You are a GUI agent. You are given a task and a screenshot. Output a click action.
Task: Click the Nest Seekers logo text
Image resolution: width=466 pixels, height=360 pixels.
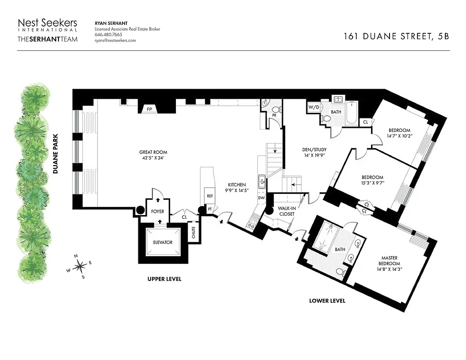point(47,23)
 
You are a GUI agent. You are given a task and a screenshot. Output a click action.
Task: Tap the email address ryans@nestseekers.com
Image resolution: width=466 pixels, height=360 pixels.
point(115,40)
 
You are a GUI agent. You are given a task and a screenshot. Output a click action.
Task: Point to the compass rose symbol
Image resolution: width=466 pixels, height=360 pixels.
point(79,267)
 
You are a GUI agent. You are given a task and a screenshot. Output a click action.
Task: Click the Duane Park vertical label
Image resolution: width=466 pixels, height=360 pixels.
point(56,158)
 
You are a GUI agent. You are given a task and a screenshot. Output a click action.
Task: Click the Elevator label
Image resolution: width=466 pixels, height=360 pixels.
point(162,243)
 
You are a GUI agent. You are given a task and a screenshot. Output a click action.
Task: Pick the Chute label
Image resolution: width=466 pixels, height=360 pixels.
point(193,233)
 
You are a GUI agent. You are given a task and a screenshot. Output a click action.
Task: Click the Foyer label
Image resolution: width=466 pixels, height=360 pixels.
point(157,211)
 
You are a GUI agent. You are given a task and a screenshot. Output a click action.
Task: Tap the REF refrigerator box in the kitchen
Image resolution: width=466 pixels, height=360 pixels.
point(210,196)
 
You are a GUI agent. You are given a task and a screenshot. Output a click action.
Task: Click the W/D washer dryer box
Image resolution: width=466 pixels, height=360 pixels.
point(313,108)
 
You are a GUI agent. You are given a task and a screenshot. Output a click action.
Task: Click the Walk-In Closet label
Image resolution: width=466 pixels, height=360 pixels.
point(286,211)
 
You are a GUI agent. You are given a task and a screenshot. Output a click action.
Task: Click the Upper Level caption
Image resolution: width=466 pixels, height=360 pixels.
point(164,279)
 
